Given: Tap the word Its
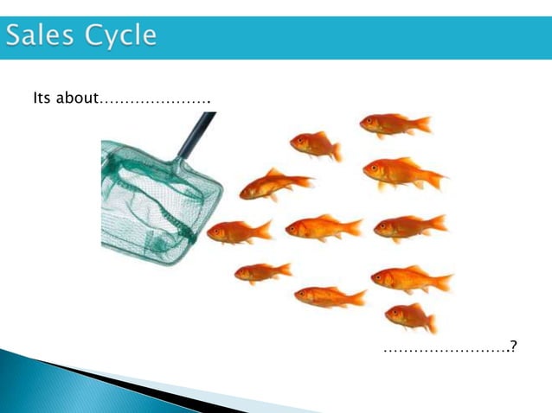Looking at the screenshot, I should point(42,98).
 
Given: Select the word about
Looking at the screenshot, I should point(77,98).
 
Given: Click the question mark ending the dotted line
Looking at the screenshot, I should point(515,347).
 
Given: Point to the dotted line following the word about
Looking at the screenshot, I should point(156,102).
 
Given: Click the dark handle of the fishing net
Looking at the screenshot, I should point(195,135).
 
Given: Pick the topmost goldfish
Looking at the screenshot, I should point(394,124).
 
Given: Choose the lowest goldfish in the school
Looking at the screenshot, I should point(410,317).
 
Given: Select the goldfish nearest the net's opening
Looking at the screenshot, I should point(238,232).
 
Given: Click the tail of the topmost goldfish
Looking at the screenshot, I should point(423,124).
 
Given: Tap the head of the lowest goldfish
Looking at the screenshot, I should point(394,314).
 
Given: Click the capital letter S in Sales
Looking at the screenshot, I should point(16,36).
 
